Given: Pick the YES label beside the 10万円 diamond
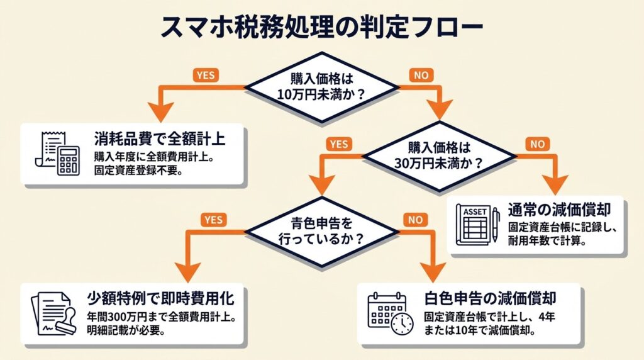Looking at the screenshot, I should click(x=206, y=75).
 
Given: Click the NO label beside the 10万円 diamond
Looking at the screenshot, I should click(x=421, y=75).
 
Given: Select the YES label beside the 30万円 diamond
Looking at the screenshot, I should click(x=338, y=144).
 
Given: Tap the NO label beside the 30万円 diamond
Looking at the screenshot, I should click(x=538, y=144).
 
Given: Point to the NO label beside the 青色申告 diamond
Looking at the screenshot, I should click(x=415, y=220).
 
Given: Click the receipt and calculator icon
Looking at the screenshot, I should click(x=60, y=153).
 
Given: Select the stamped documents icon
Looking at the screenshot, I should click(x=53, y=312).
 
